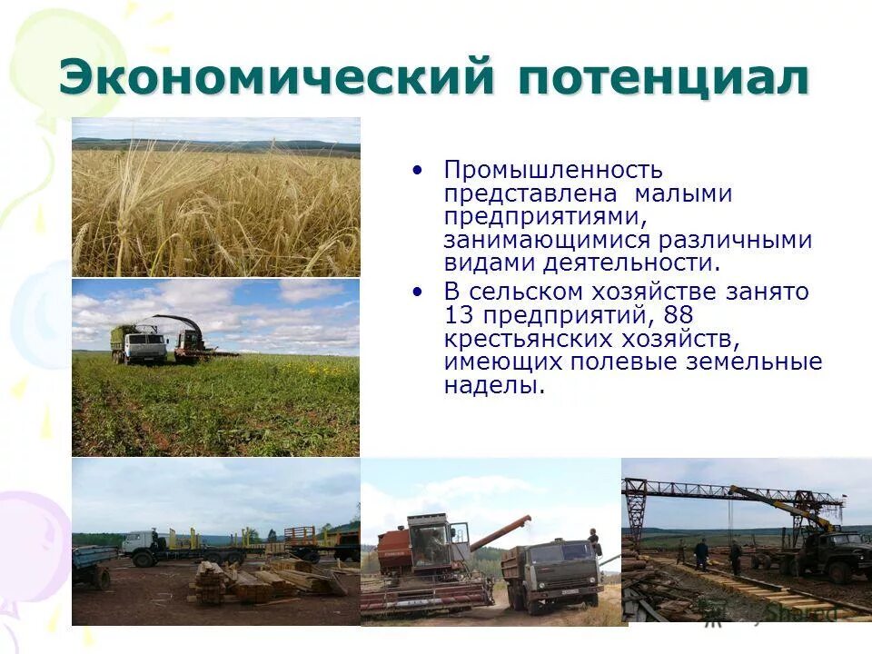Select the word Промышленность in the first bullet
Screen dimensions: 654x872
pos(553,170)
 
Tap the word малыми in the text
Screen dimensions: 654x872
pos(683,193)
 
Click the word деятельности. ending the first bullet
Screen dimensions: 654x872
pos(631,263)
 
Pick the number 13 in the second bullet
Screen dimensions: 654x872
pos(459,315)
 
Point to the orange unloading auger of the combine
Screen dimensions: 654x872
pos(500,533)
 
